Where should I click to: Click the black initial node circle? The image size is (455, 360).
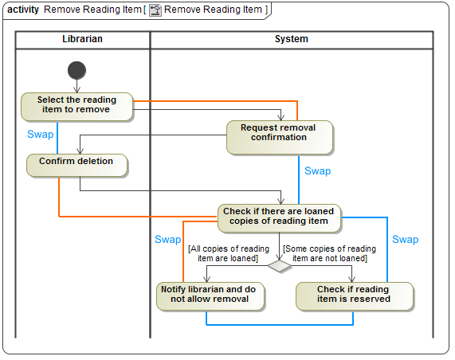[x=76, y=69]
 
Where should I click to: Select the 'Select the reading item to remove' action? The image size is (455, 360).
[x=76, y=105]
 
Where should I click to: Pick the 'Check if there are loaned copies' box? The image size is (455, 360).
[x=279, y=217]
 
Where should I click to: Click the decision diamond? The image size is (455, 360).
[x=280, y=266]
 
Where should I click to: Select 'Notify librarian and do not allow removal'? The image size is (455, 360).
[x=210, y=295]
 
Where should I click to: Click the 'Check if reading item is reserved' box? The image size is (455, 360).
[x=354, y=295]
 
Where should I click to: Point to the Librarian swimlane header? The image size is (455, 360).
[x=82, y=39]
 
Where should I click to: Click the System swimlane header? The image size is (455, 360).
[x=291, y=39]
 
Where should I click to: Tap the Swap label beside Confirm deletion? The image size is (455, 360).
[x=41, y=135]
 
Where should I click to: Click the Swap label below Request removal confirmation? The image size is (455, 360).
[x=317, y=171]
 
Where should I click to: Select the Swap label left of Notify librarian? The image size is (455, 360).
[x=167, y=239]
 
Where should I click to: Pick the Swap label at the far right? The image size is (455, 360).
[x=405, y=239]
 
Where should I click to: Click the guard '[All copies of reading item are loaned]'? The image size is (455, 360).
[x=228, y=253]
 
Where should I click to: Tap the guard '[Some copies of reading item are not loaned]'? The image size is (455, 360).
[x=330, y=253]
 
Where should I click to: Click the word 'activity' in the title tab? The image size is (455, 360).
[x=23, y=10]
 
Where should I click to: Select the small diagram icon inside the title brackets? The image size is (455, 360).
[x=155, y=10]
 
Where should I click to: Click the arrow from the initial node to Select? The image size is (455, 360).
[x=76, y=84]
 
